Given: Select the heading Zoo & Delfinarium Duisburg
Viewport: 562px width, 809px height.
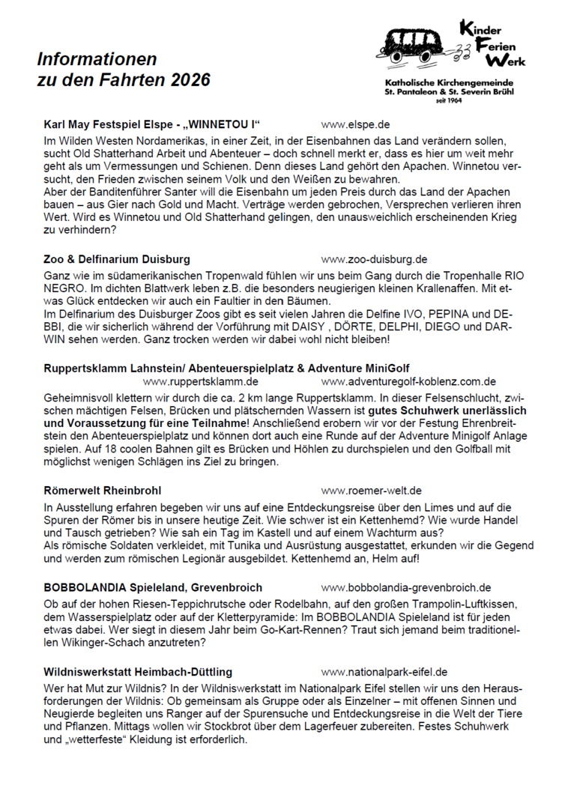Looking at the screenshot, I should [x=117, y=259].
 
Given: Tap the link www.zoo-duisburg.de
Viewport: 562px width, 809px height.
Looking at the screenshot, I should [x=374, y=259].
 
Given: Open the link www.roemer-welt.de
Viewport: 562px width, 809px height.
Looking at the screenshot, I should [x=371, y=491].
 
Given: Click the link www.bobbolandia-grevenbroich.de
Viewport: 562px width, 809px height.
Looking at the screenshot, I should [x=406, y=587].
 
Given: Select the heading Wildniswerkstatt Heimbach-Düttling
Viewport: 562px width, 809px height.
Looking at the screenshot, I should [x=138, y=671].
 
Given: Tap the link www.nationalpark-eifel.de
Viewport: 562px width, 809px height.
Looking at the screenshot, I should [x=384, y=671].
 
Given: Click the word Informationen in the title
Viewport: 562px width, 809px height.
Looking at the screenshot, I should [x=97, y=59].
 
